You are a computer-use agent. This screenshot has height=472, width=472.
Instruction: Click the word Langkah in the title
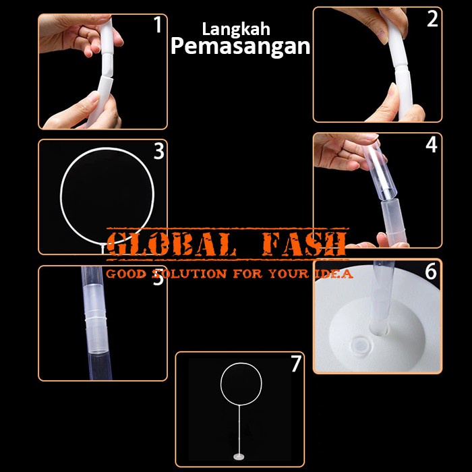236,30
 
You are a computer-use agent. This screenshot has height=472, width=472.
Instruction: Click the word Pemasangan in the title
240,46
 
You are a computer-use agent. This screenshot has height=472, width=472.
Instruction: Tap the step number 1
158,26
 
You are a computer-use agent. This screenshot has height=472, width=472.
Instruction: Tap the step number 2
432,20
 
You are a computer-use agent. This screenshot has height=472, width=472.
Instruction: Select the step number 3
158,152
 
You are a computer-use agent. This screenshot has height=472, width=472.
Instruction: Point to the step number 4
432,144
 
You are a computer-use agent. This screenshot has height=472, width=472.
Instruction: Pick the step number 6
431,272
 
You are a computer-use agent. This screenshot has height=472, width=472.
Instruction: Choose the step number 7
295,364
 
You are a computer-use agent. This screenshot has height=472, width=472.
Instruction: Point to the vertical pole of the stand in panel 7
240,432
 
